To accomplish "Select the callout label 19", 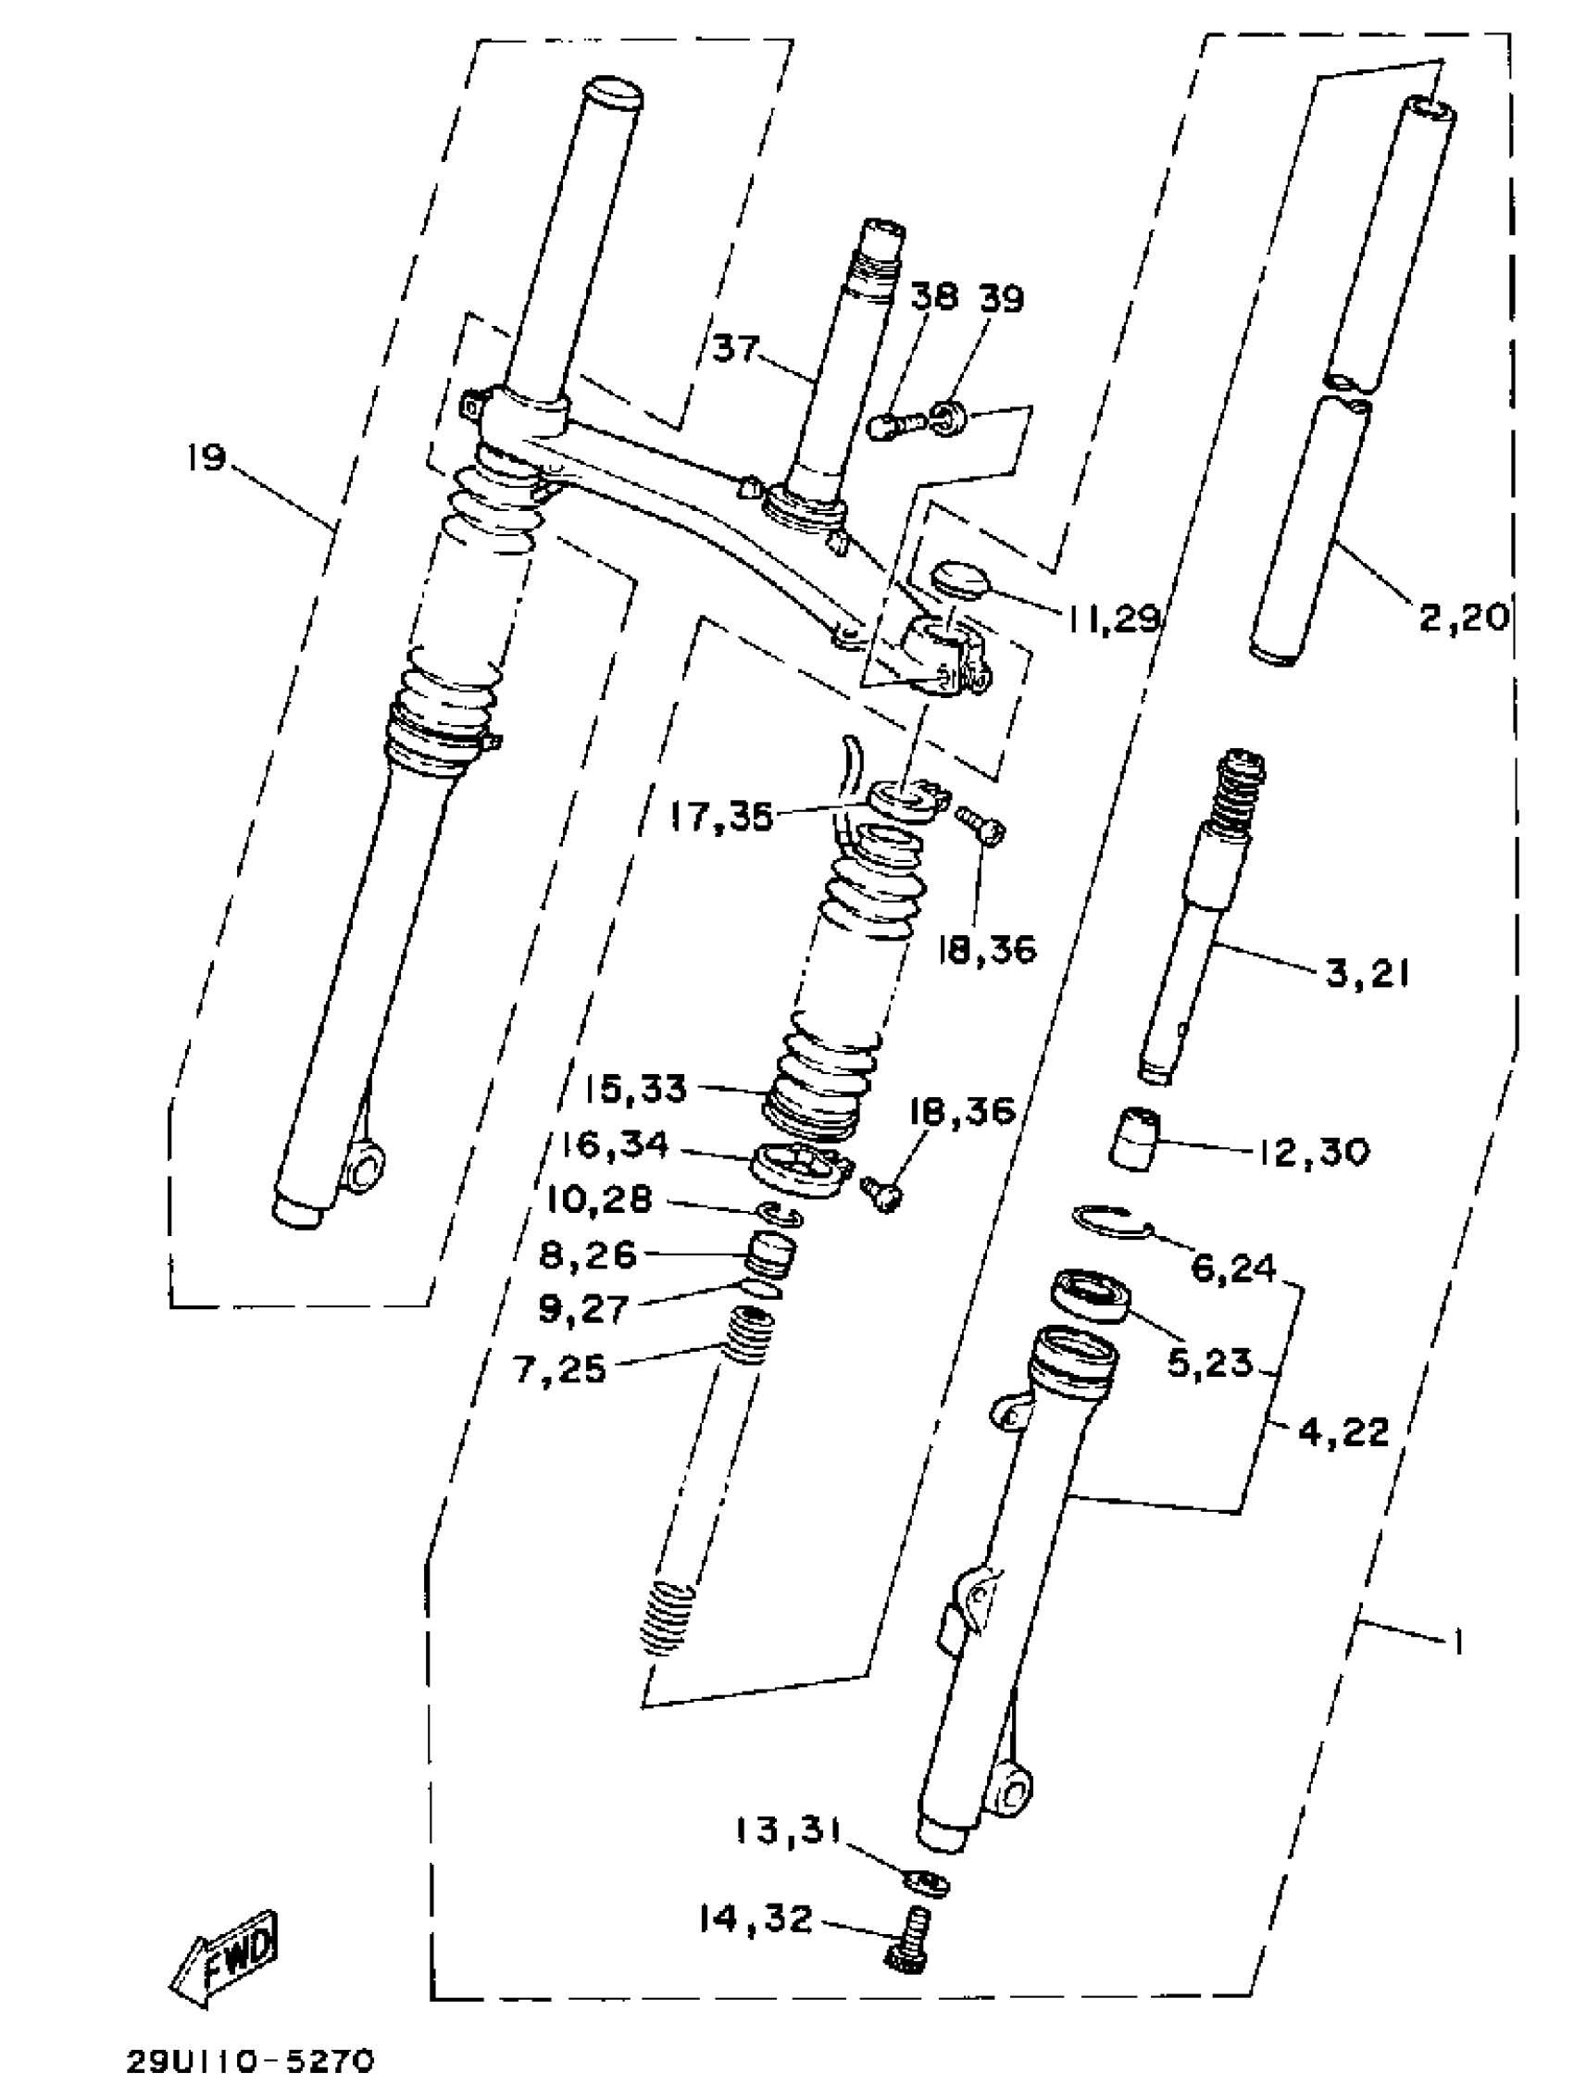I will pos(206,459).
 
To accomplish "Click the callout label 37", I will pos(735,348).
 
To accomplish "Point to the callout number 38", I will pos(934,298).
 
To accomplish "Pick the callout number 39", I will pos(999,298).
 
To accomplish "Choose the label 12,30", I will pos(1314,1153).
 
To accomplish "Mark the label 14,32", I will pos(756,1918).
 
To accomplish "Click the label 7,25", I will pos(559,1368).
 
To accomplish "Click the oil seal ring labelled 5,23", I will pos(1091,1293).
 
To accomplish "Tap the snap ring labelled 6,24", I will pos(1111,1221).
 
